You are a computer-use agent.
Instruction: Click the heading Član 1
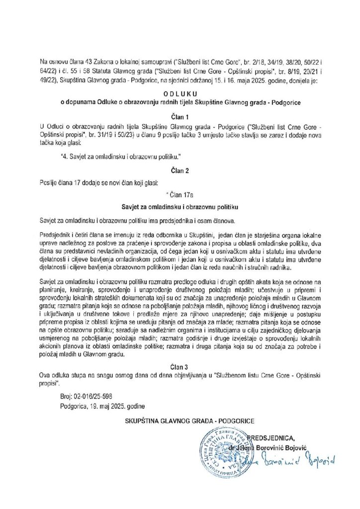(180, 113)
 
